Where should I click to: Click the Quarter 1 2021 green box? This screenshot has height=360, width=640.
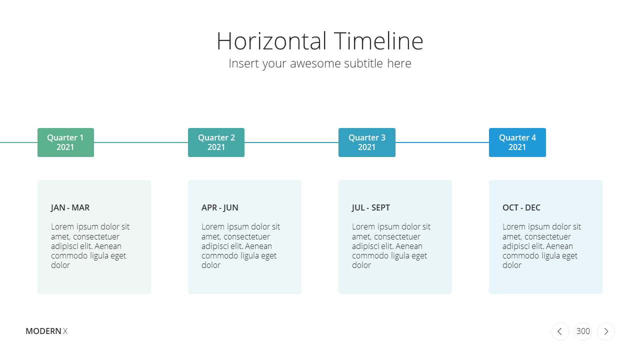[x=65, y=142]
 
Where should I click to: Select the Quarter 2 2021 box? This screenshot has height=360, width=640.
[x=216, y=142]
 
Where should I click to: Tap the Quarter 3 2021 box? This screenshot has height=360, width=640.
[x=367, y=142]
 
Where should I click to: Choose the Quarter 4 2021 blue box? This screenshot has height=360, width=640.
[x=517, y=142]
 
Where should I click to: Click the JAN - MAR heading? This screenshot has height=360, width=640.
[x=70, y=207]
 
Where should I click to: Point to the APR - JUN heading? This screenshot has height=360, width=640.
[x=219, y=207]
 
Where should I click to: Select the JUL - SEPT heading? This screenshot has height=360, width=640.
[x=371, y=207]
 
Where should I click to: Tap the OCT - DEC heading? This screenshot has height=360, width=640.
[x=521, y=207]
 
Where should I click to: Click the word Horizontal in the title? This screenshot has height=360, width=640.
[x=271, y=41]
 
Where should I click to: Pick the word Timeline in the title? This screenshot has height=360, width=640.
[x=378, y=41]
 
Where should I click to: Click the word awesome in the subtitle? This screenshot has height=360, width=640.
[x=315, y=63]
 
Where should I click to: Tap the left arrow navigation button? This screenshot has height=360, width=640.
[x=560, y=331]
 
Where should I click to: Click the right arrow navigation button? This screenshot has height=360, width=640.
[x=605, y=331]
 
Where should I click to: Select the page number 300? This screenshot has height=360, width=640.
[x=583, y=331]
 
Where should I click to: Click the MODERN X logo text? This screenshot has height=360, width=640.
[x=46, y=331]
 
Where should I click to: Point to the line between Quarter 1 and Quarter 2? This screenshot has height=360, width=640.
[x=141, y=142]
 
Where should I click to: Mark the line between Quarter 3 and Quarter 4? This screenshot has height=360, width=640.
[x=442, y=142]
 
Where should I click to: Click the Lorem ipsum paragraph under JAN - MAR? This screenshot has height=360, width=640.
[x=90, y=245]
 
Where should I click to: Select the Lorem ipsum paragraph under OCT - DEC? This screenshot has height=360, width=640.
[x=541, y=245]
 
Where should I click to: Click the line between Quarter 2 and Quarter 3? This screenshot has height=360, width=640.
[x=291, y=142]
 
